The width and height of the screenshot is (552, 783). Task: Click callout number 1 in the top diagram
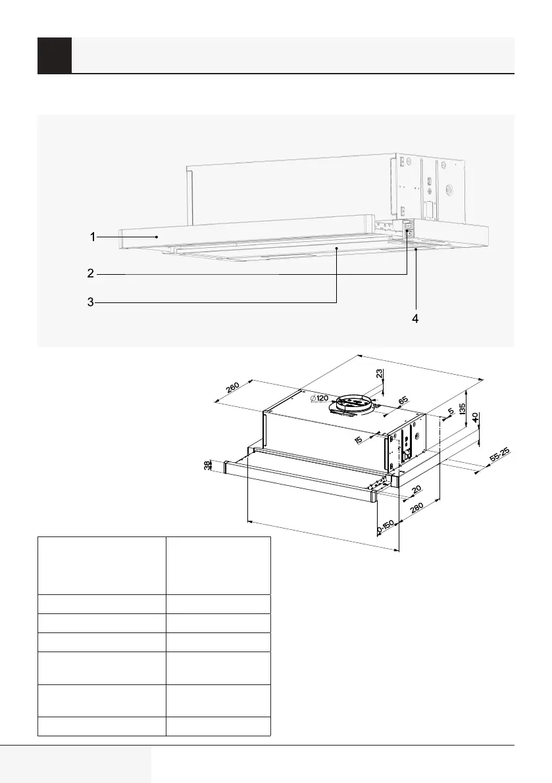click(93, 236)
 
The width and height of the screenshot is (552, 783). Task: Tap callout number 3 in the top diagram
click(90, 302)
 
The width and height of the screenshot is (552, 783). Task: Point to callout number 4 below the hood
click(415, 318)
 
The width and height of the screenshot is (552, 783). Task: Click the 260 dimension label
click(232, 387)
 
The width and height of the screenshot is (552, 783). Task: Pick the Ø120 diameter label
click(319, 398)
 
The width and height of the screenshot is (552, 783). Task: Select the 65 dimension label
click(403, 400)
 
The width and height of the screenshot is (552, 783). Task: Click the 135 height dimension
click(463, 412)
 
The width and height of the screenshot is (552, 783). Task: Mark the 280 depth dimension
click(416, 511)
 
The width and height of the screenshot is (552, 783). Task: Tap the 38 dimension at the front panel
click(209, 465)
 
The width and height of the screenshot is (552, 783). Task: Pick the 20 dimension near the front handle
click(416, 490)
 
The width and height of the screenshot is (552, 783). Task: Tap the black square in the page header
click(55, 55)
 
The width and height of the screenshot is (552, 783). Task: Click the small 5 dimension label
click(450, 412)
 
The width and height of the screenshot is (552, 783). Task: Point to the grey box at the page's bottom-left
click(76, 764)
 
